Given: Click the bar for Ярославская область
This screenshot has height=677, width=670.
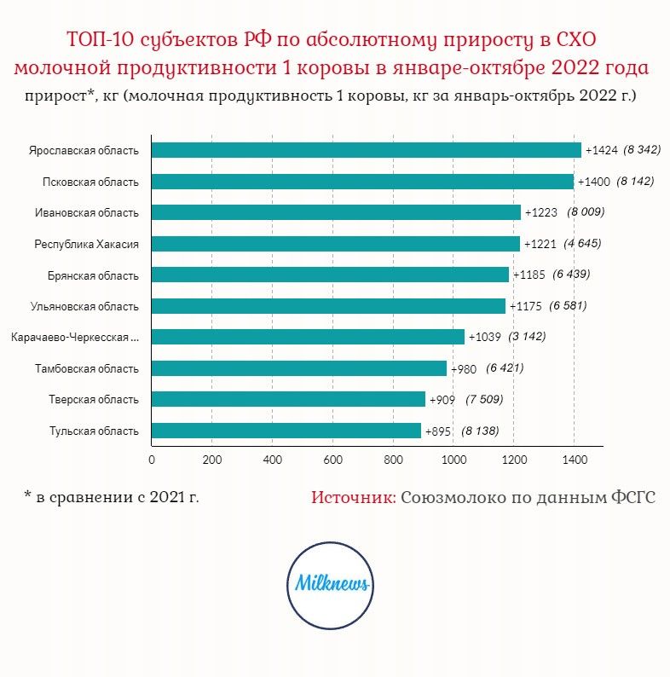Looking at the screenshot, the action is click(367, 150).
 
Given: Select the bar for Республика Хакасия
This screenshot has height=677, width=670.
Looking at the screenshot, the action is click(336, 244).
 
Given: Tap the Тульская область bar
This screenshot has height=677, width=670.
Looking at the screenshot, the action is click(286, 431).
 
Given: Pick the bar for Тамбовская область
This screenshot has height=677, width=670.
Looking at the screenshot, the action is click(299, 368).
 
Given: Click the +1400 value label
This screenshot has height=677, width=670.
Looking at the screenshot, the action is click(593, 182).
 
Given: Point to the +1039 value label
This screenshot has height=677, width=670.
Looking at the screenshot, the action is click(484, 337).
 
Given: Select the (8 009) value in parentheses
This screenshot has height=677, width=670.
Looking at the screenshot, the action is click(586, 212).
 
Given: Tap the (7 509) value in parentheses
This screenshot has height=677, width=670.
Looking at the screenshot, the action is click(484, 399).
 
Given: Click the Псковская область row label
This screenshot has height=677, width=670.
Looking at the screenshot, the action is click(90, 182).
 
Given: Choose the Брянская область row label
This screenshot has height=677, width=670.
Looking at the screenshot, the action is click(93, 276).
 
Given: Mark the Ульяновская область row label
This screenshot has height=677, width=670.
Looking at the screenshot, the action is click(84, 307).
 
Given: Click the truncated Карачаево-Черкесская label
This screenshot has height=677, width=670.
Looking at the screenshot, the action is click(75, 337).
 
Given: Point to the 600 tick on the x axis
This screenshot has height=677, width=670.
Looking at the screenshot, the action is click(332, 460).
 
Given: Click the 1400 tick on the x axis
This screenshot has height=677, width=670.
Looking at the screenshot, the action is click(575, 460).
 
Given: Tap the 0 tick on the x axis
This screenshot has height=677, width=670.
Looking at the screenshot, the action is click(152, 460).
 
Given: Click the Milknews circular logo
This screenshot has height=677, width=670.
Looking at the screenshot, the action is click(330, 585).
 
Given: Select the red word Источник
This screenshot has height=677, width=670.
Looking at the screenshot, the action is click(354, 497).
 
